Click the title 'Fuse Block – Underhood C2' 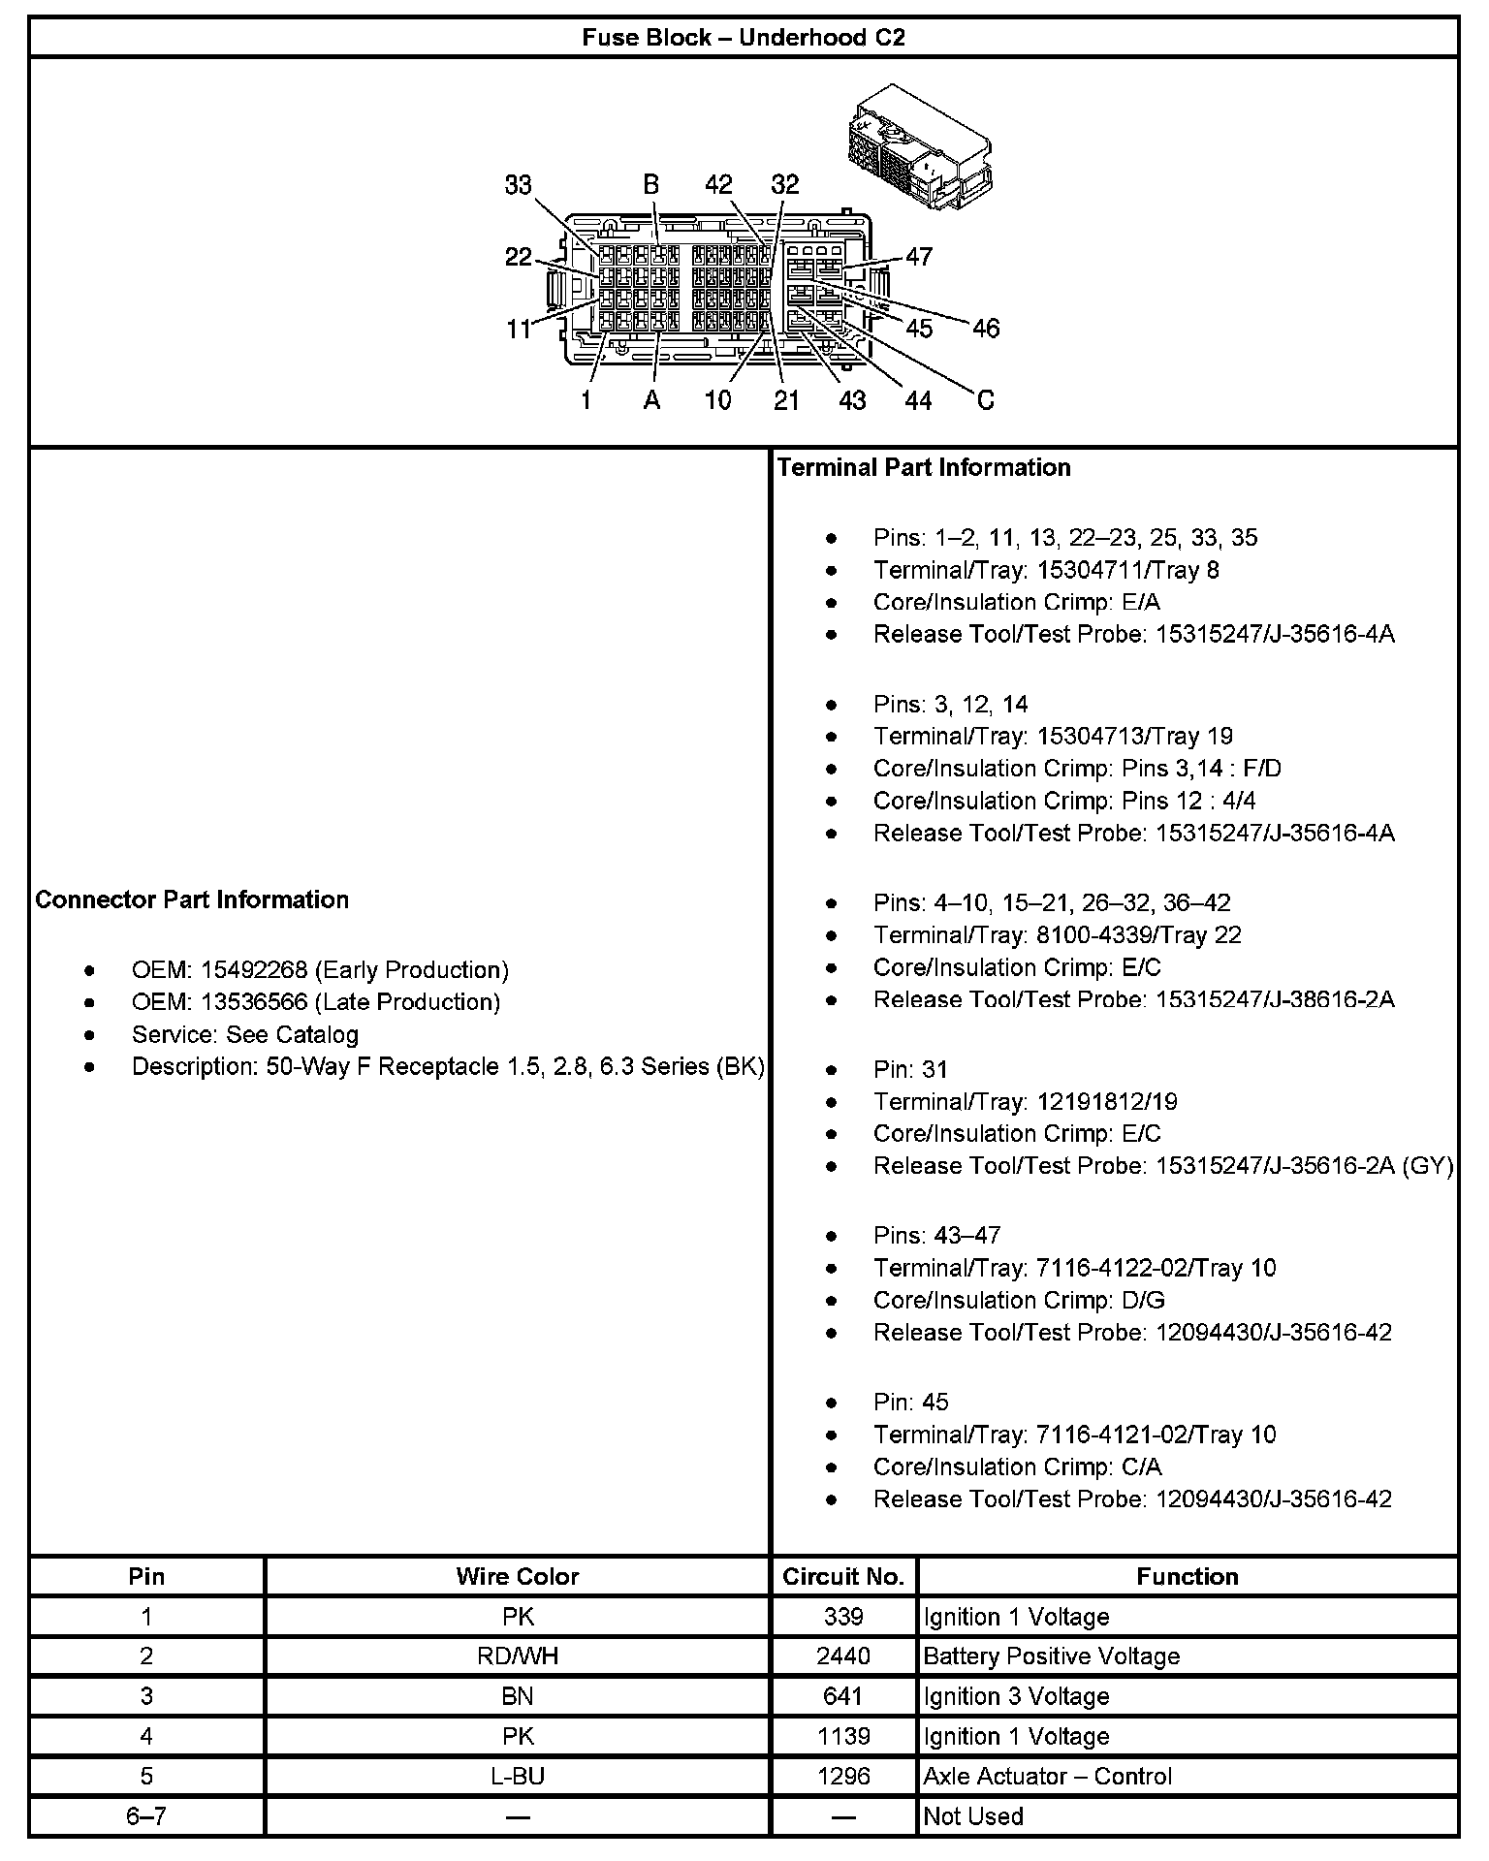744,38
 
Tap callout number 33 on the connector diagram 519,184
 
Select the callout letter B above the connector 651,184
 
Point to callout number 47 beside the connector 918,256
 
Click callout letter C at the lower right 985,400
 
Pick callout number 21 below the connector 786,400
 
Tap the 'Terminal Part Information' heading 924,467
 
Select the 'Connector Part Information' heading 192,899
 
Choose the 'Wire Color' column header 517,1577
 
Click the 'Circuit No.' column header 842,1577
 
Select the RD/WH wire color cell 517,1656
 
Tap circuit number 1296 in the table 842,1776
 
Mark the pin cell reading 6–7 146,1815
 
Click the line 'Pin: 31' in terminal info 910,1069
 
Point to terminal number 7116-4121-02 1111,1435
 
